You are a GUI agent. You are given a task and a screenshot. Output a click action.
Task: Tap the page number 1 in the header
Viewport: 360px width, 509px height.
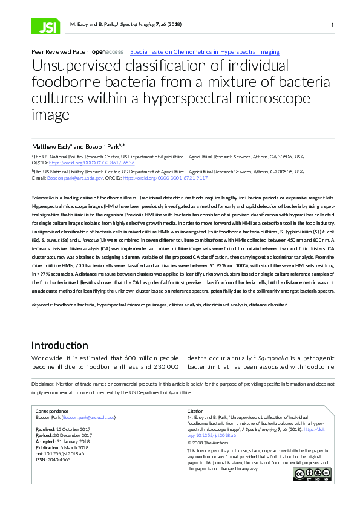(x=333, y=25)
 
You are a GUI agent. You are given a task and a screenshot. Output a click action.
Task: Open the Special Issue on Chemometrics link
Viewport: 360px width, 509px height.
(x=205, y=53)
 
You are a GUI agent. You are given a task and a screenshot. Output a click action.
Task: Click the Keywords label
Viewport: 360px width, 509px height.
(x=42, y=305)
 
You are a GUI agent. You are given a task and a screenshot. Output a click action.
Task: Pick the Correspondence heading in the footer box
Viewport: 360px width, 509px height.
(x=53, y=411)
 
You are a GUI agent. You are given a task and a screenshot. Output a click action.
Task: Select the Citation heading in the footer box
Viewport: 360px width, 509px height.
(x=196, y=411)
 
